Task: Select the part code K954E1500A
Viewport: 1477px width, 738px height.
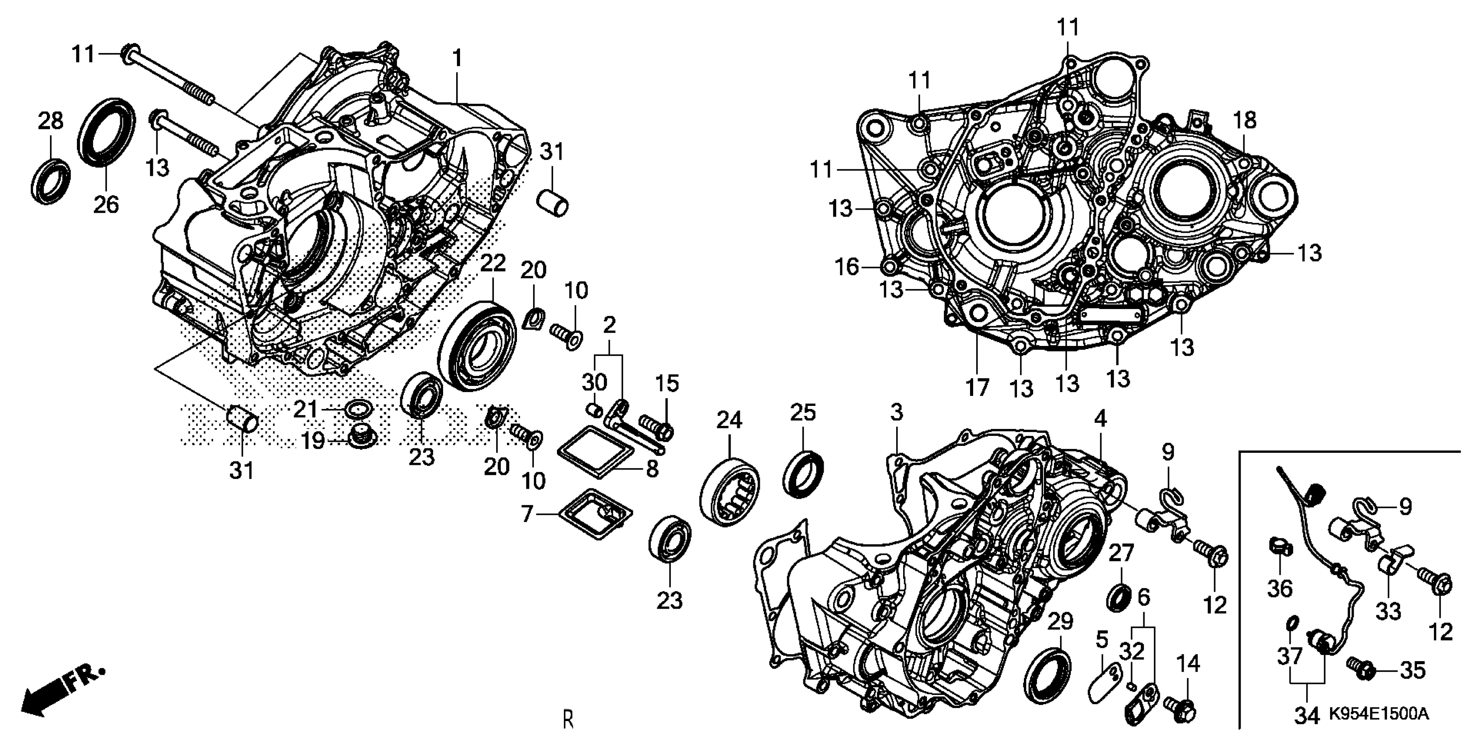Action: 1378,714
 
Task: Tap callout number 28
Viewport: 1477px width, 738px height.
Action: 50,122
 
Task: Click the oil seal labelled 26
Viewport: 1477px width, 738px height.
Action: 106,133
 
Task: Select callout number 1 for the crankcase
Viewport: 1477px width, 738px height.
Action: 457,58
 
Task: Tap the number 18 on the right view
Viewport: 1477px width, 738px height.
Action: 1244,120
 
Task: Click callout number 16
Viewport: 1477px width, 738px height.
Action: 847,267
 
